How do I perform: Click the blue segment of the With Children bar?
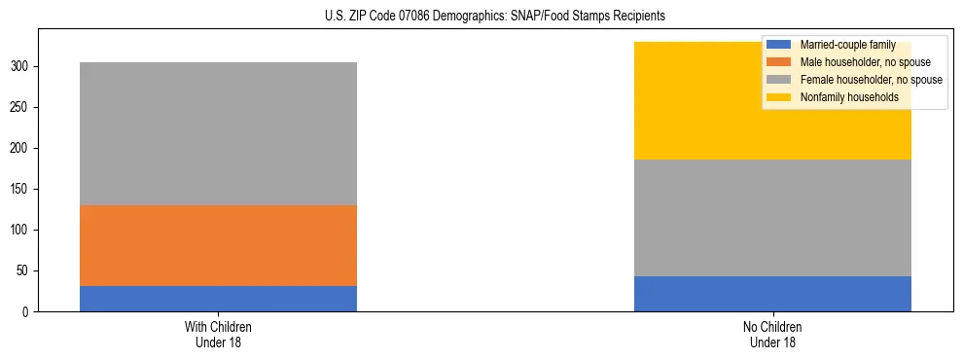[x=218, y=299]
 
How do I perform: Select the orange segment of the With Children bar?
[x=218, y=245]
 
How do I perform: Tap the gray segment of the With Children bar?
[x=218, y=133]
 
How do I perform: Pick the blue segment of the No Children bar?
[x=772, y=294]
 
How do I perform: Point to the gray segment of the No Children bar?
[x=772, y=218]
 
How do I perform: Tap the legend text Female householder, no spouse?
[x=871, y=80]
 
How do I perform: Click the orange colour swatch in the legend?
[x=779, y=62]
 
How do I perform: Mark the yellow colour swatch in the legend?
[x=779, y=97]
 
